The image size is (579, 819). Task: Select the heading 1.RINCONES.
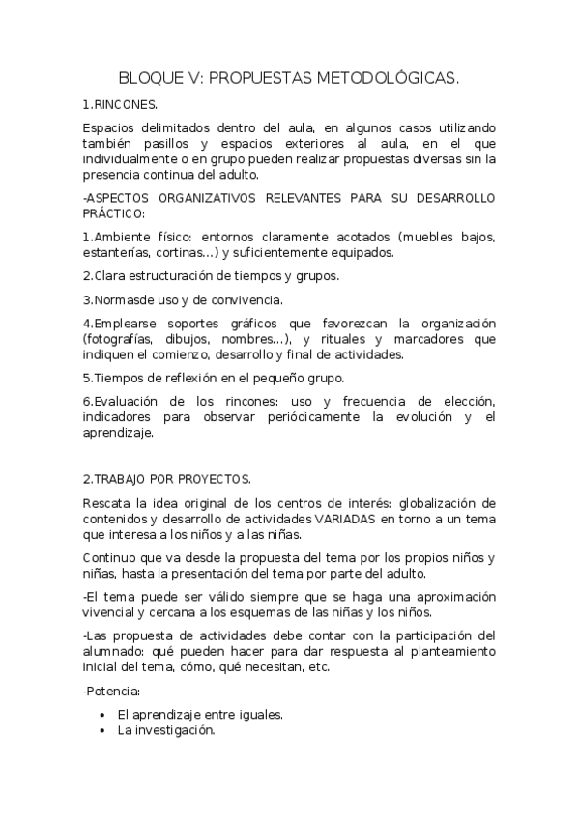[120, 104]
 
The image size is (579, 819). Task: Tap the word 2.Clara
[104, 276]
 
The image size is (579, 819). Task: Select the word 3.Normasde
[120, 299]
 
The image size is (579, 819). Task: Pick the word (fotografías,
[122, 339]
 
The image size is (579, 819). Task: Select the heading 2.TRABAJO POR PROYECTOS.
[166, 478]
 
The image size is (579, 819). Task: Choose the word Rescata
[108, 503]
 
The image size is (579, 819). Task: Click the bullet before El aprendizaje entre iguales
[102, 715]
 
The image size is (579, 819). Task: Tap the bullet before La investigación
[102, 731]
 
